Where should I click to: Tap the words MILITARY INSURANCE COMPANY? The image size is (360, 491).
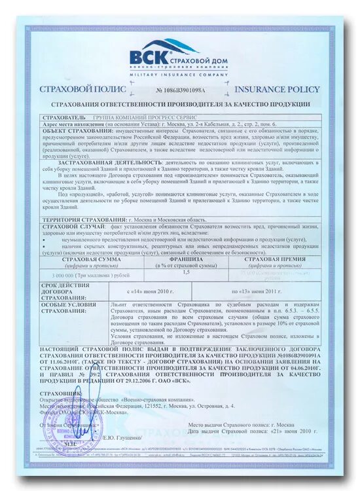coord(179,75)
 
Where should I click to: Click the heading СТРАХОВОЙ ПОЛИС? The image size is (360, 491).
coord(72,89)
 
